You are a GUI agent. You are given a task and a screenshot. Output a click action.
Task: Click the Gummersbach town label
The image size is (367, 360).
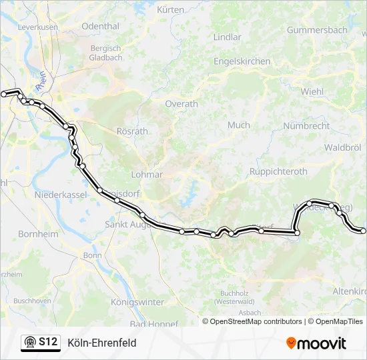coord(317,30)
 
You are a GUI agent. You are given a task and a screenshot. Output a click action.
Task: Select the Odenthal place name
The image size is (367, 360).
coord(101,27)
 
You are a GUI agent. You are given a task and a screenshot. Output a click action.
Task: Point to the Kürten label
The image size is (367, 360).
coord(170,10)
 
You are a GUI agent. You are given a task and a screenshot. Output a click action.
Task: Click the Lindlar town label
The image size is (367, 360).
coord(227,37)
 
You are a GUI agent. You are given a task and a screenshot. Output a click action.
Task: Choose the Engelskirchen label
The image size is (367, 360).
coord(242,61)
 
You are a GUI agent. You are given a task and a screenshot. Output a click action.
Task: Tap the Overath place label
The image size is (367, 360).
coord(181,104)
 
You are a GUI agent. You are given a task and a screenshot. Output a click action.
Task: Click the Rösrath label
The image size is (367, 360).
coord(132,131)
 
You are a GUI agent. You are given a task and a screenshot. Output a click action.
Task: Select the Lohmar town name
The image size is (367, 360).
coord(147,175)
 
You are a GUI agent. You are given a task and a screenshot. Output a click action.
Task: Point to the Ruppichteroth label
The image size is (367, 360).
coord(278,171)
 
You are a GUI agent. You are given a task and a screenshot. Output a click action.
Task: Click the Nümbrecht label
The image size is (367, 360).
coord(306,125)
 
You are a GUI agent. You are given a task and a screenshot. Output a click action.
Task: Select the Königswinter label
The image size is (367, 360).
coord(137,302)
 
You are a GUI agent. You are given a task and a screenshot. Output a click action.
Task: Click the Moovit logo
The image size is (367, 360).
coord(316,343)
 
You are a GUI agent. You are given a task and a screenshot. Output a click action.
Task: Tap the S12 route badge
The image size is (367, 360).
coord(40,343)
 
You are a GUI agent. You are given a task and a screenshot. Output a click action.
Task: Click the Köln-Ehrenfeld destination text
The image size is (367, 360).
coord(101,343)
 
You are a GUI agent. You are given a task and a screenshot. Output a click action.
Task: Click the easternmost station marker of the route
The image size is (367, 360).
coord(363,231)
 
